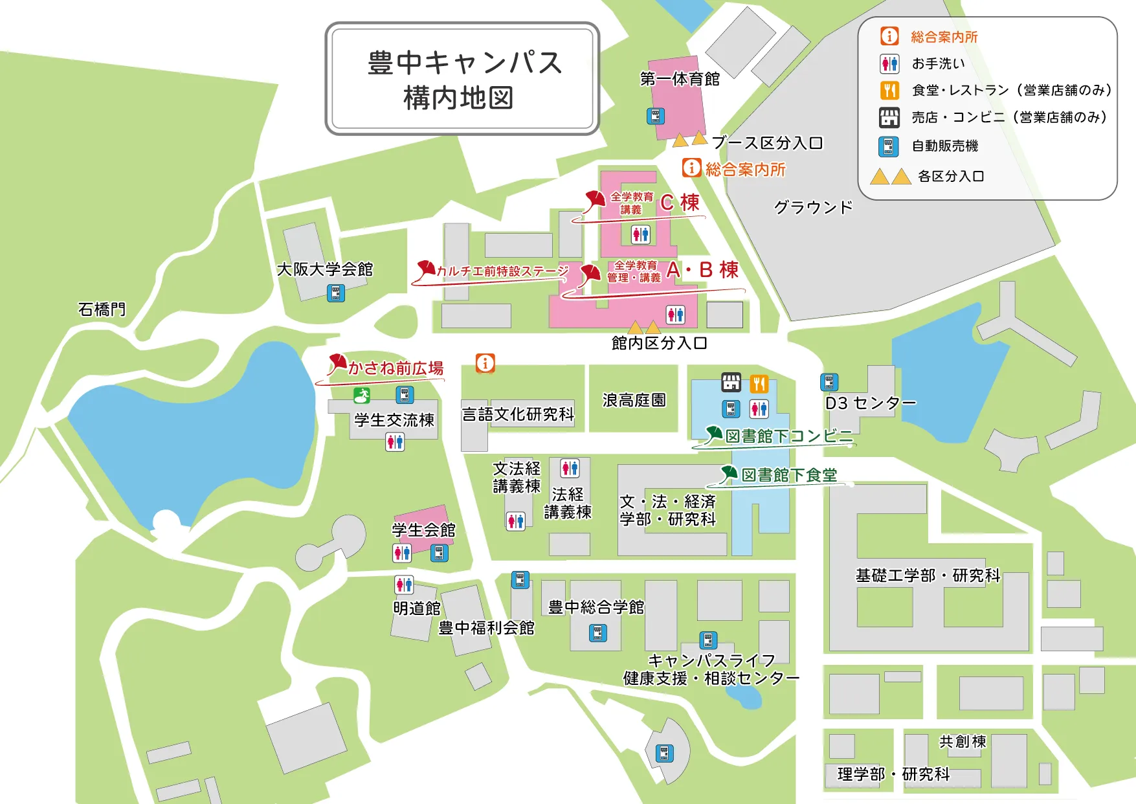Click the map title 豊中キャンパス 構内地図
pyautogui.click(x=462, y=80)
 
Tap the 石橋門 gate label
pyautogui.click(x=102, y=309)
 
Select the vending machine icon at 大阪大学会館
pyautogui.click(x=335, y=293)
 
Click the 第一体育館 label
pyautogui.click(x=680, y=79)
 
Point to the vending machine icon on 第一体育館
pyautogui.click(x=656, y=116)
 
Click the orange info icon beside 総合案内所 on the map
pyautogui.click(x=691, y=168)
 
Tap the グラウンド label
pyautogui.click(x=813, y=207)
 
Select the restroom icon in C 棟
pyautogui.click(x=640, y=234)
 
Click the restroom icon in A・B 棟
pyautogui.click(x=675, y=315)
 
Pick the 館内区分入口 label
pyautogui.click(x=659, y=342)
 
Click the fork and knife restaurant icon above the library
pyautogui.click(x=759, y=384)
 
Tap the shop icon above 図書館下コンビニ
pyautogui.click(x=731, y=383)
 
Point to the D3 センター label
pyautogui.click(x=870, y=403)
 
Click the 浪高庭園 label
pyautogui.click(x=634, y=400)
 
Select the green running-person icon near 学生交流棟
pyautogui.click(x=362, y=395)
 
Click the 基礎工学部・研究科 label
pyautogui.click(x=928, y=575)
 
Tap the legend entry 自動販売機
pyautogui.click(x=944, y=146)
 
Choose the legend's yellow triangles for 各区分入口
pyautogui.click(x=891, y=177)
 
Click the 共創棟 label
pyautogui.click(x=962, y=741)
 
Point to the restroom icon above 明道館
pyautogui.click(x=404, y=585)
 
